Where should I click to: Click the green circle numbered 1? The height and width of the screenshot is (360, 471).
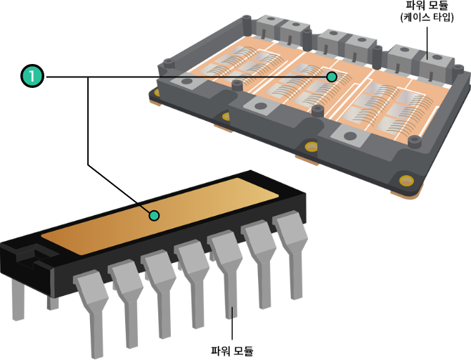point(32,76)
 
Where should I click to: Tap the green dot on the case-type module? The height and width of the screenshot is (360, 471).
point(332,77)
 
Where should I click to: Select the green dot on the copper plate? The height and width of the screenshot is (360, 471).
point(154,215)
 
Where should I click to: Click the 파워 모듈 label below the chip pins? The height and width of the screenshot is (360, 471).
point(232,351)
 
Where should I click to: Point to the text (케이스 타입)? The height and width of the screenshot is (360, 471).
point(427,17)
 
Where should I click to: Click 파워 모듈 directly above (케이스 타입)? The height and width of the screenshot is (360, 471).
point(427,5)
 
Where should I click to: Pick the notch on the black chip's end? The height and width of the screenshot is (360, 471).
point(33,255)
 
